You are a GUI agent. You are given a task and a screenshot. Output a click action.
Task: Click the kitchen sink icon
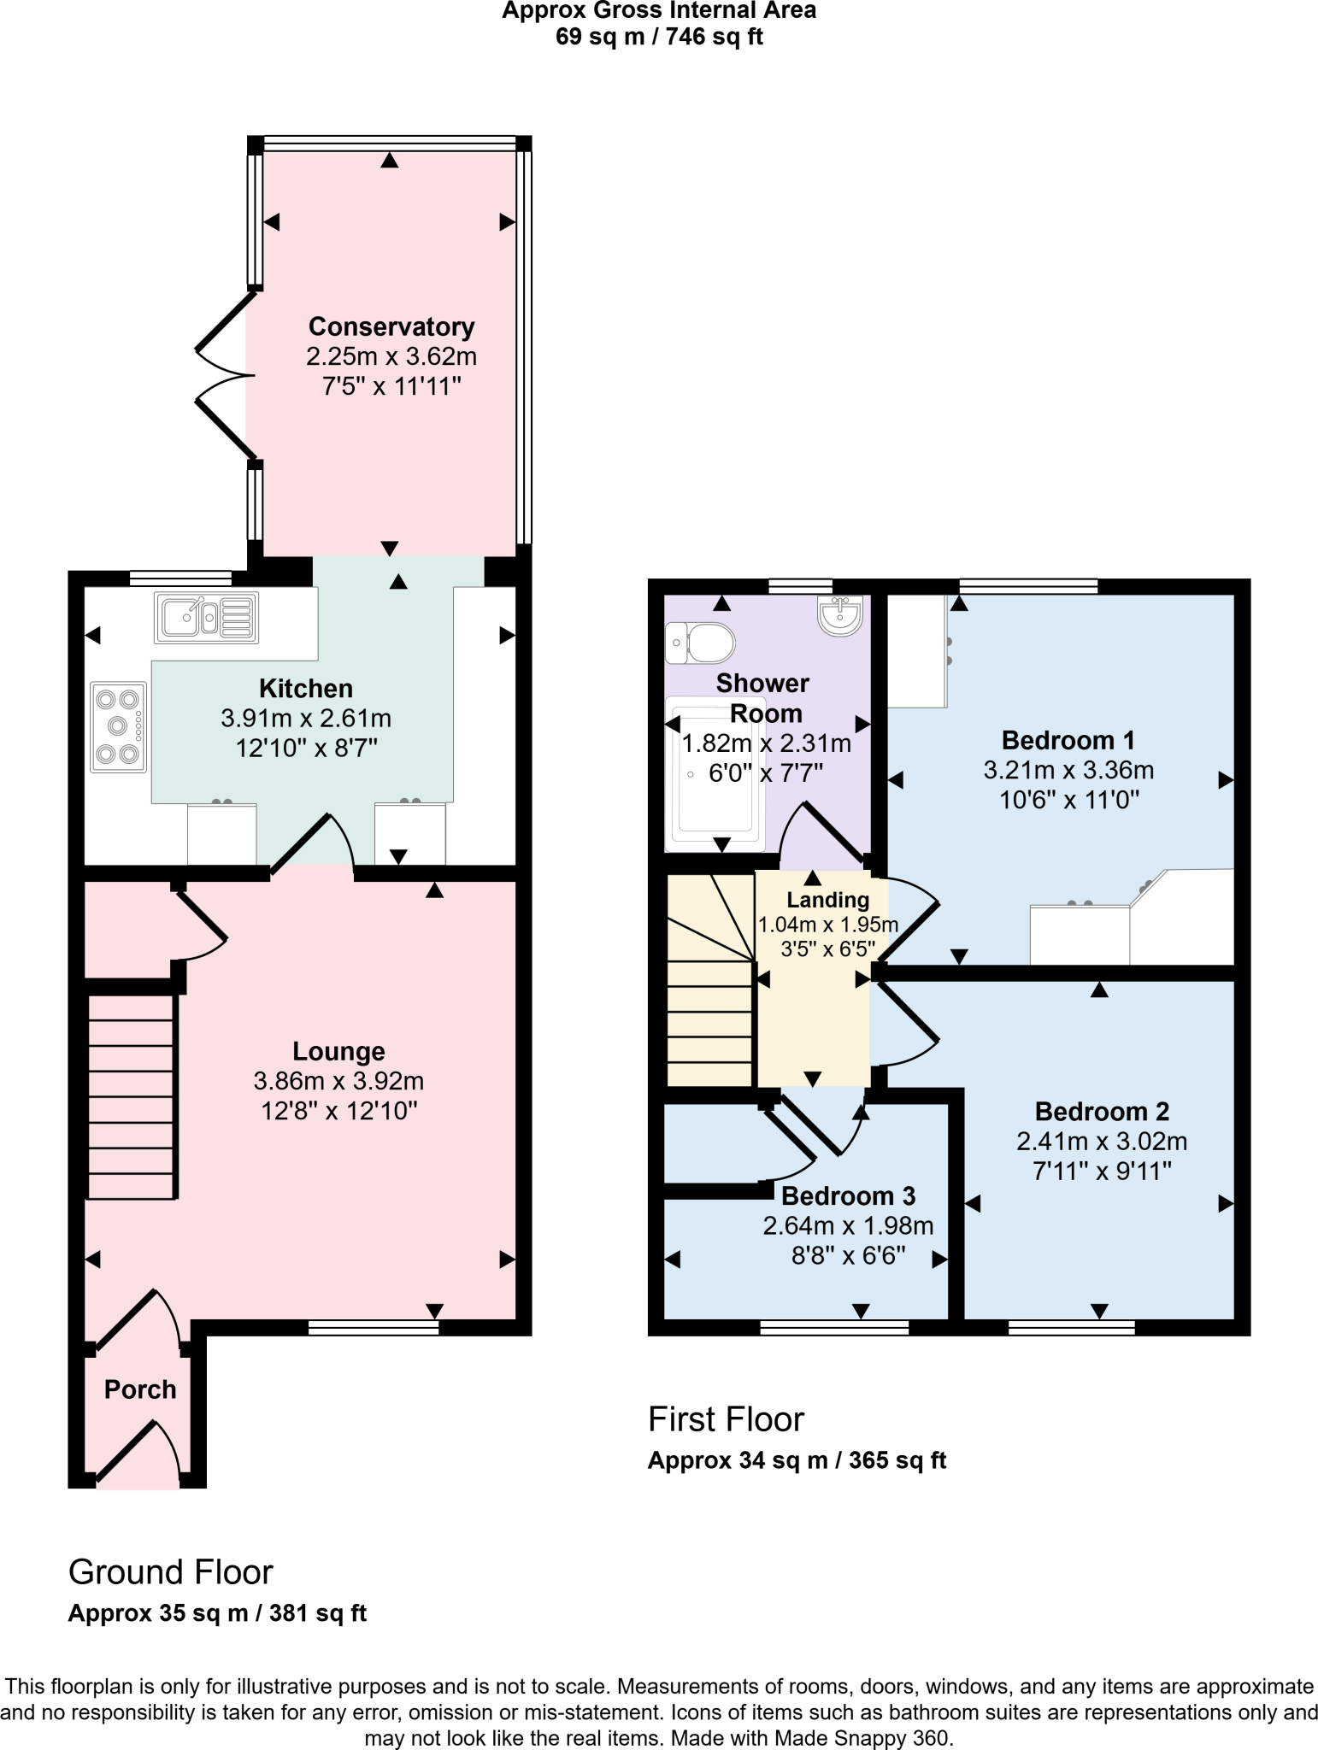point(206,617)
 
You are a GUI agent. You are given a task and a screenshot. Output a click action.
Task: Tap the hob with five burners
point(118,727)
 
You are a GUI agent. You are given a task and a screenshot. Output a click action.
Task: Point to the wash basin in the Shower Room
point(839,614)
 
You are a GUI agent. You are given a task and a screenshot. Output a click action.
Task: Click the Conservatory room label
point(391,326)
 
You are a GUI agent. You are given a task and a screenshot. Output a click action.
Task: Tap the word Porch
point(140,1389)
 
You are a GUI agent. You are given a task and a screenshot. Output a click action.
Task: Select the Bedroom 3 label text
point(848,1195)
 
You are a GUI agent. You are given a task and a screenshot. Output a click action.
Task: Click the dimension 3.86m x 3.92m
point(338,1081)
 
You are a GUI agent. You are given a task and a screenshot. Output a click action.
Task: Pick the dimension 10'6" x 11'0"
point(1069,800)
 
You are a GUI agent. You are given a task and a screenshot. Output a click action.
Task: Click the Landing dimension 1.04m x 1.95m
point(827,925)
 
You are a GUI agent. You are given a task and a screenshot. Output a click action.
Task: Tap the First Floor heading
point(726,1419)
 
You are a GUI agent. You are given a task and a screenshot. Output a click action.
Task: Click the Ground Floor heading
point(170,1572)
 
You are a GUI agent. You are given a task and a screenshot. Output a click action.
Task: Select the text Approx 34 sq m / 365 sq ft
point(797,1460)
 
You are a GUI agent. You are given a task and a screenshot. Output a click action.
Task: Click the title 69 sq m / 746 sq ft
point(658,37)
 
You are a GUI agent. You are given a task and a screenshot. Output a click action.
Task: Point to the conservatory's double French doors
point(224,375)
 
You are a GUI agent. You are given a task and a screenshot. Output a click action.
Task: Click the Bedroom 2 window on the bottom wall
point(1071,1327)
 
